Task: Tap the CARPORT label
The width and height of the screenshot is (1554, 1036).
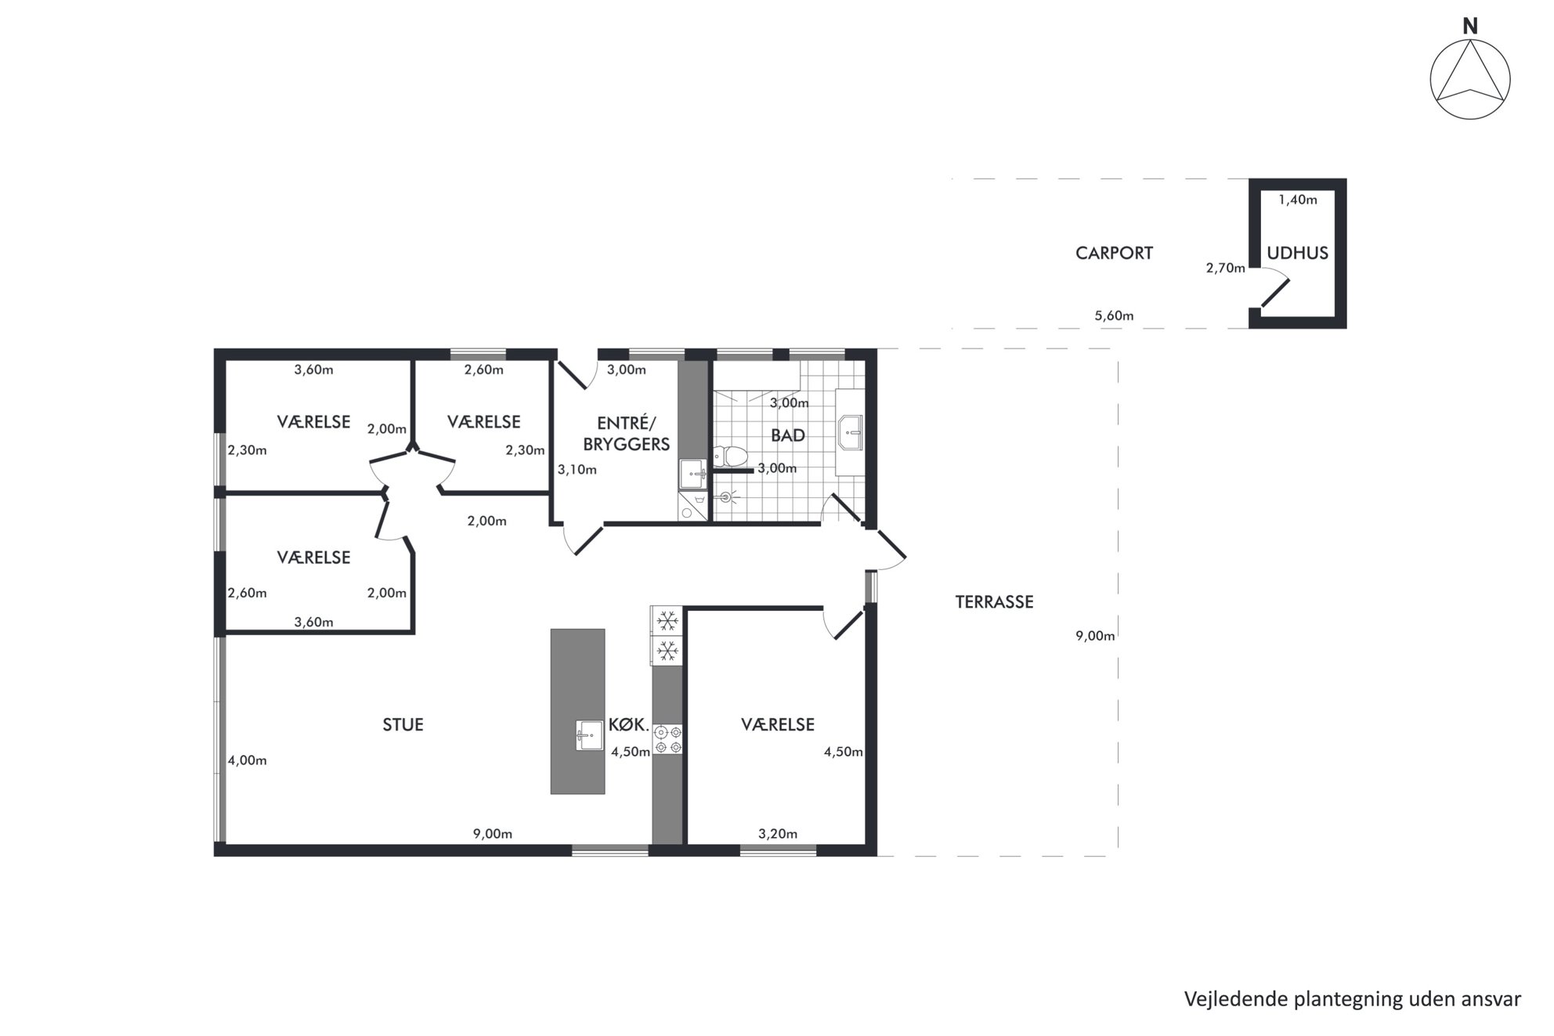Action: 1114,254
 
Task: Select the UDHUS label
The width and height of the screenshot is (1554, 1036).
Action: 1298,254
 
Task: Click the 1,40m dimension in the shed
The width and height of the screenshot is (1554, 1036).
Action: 1298,200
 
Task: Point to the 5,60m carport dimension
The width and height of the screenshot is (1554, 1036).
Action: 1114,316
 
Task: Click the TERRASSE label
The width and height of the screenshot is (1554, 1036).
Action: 994,602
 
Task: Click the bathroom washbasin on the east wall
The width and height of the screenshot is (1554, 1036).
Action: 850,433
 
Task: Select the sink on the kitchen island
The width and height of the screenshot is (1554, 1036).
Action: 590,735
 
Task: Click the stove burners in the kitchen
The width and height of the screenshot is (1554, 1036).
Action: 668,739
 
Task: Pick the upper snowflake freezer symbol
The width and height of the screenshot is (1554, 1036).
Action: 667,622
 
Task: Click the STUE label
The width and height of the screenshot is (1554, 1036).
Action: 403,725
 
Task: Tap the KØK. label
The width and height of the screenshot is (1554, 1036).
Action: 629,725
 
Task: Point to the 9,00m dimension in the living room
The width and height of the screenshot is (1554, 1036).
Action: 493,834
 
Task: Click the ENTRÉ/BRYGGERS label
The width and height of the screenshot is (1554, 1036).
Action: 627,434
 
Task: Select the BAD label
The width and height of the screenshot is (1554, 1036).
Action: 788,436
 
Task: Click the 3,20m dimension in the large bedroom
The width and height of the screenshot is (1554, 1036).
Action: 778,834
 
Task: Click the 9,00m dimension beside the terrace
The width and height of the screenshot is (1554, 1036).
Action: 1095,636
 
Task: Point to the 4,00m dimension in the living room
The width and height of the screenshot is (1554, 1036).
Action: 248,760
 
